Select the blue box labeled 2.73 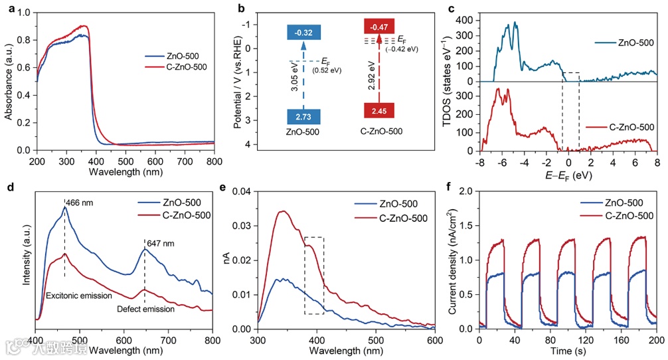pos(305,116)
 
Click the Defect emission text pos(145,309)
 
